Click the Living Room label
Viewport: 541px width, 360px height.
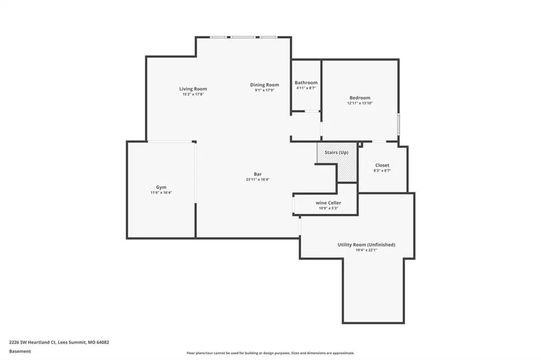193,89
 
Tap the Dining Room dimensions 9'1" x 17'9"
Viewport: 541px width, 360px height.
265,90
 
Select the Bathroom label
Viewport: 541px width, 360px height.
306,83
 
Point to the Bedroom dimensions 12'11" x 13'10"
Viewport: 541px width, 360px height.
360,103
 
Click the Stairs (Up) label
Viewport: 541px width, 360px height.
337,153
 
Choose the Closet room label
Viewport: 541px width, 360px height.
383,165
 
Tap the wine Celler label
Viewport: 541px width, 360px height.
329,203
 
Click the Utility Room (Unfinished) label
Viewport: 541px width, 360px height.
367,245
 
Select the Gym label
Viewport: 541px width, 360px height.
161,187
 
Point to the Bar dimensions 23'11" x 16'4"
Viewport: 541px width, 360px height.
258,179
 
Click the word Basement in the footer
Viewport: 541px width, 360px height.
20,352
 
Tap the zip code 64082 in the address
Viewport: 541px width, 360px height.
103,343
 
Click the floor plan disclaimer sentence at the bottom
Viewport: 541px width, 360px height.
270,353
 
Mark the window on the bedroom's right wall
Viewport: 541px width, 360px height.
398,125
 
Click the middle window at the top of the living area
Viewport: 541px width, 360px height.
243,37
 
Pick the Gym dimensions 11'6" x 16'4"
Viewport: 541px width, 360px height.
161,193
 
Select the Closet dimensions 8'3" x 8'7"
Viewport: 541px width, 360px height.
383,170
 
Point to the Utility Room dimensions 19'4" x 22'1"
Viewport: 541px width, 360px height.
367,250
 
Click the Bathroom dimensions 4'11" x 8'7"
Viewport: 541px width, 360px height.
306,88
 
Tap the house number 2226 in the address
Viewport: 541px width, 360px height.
14,343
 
